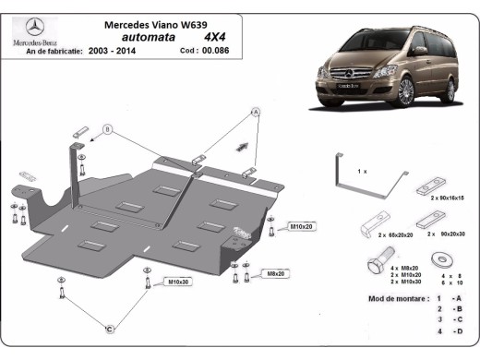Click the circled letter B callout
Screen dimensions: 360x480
pyautogui.click(x=106, y=130)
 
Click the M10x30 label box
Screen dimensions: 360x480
pyautogui.click(x=178, y=281)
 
